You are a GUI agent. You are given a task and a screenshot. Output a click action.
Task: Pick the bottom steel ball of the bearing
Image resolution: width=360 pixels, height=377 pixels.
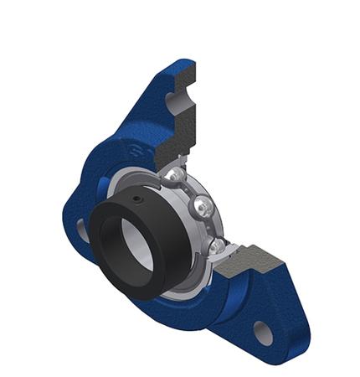pyautogui.click(x=217, y=244)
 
